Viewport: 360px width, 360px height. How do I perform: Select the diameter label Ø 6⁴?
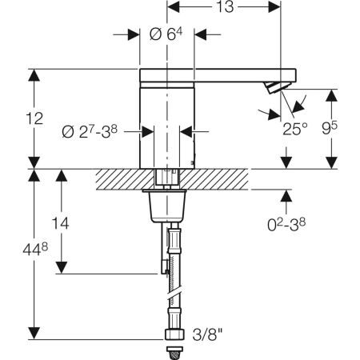coord(166,34)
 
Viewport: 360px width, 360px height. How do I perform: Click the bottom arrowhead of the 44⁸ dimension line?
coord(33,333)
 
